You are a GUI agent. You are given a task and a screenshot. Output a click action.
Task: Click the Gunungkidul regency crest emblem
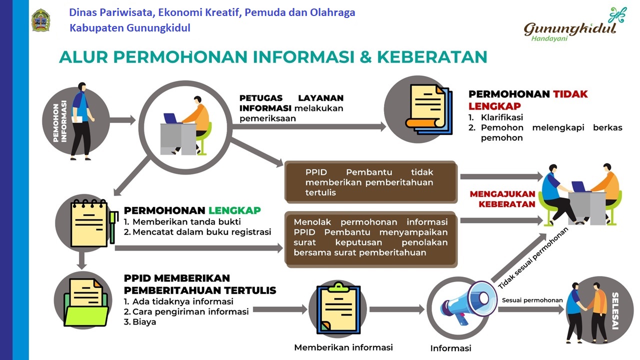(40, 19)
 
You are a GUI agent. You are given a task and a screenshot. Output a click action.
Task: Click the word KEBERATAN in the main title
(432, 56)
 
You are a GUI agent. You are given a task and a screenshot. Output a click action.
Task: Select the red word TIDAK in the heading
(570, 94)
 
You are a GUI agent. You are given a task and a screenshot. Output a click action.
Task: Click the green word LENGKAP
(234, 210)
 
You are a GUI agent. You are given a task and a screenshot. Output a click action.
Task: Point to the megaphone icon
(468, 303)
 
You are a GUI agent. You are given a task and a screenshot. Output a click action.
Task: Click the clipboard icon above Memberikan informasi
(338, 308)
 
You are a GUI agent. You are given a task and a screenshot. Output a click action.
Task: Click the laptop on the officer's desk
(171, 118)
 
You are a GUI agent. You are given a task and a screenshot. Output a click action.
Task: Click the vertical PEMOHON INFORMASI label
(60, 121)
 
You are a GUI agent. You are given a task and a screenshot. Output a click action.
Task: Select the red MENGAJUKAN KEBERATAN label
(503, 199)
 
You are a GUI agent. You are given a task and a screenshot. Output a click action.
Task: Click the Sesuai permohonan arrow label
(532, 300)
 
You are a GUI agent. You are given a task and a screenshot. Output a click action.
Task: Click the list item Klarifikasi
(495, 117)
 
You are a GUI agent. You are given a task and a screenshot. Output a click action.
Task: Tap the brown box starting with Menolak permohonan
(371, 239)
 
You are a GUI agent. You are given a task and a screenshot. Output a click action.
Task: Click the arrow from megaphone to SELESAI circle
(532, 309)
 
